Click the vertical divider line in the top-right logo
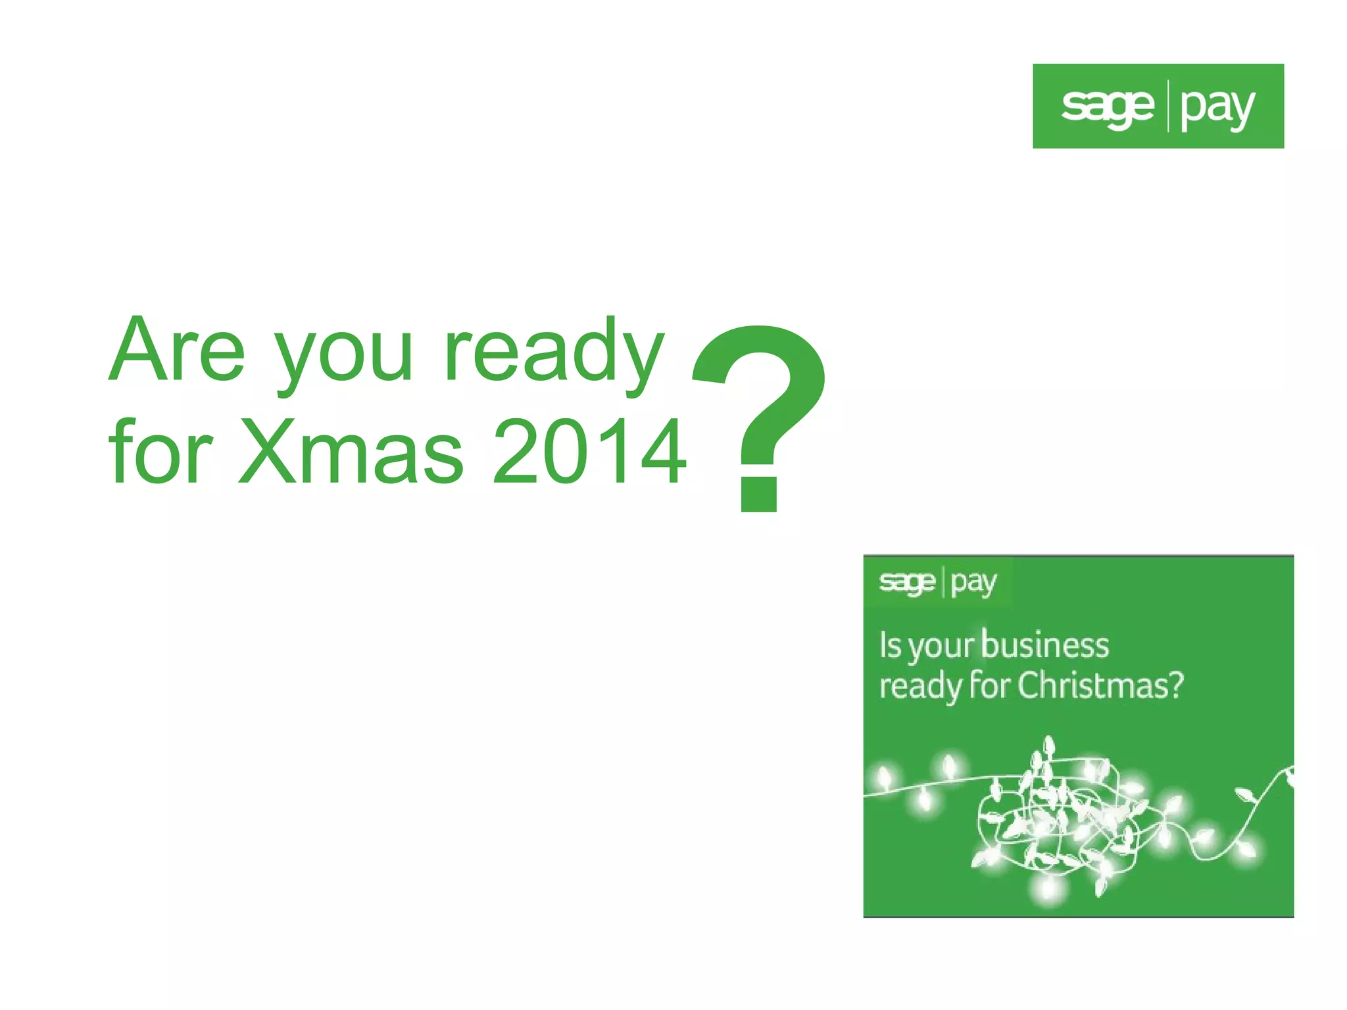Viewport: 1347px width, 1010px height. [1168, 106]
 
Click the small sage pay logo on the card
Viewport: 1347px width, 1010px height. [937, 583]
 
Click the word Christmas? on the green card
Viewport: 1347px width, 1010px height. [1100, 686]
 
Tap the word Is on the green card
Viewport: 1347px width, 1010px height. [889, 646]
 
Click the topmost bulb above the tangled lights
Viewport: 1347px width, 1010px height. [1050, 747]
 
